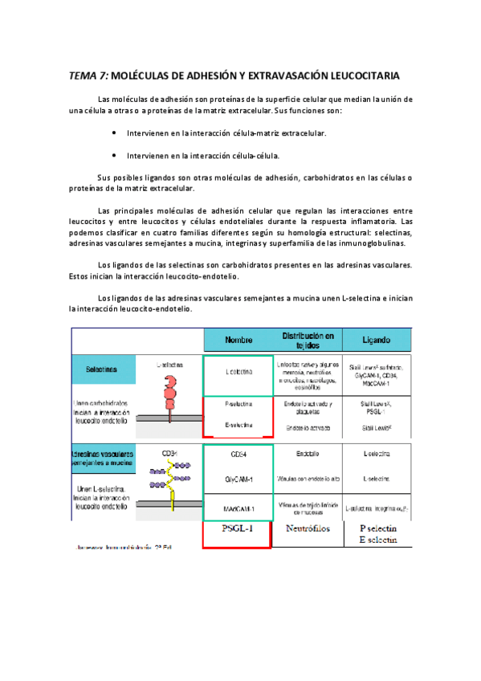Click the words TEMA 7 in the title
tap(88, 76)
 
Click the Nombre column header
tap(238, 339)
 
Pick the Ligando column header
tap(376, 339)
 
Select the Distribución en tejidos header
tap(308, 339)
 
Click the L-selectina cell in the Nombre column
tap(238, 372)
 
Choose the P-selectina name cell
tap(238, 406)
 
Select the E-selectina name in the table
tap(238, 425)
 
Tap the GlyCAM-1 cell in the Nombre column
tap(238, 479)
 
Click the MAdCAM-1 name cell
tap(238, 508)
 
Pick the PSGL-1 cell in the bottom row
tap(238, 529)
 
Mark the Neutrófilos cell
tap(308, 529)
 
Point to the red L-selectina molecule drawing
tap(170, 391)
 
